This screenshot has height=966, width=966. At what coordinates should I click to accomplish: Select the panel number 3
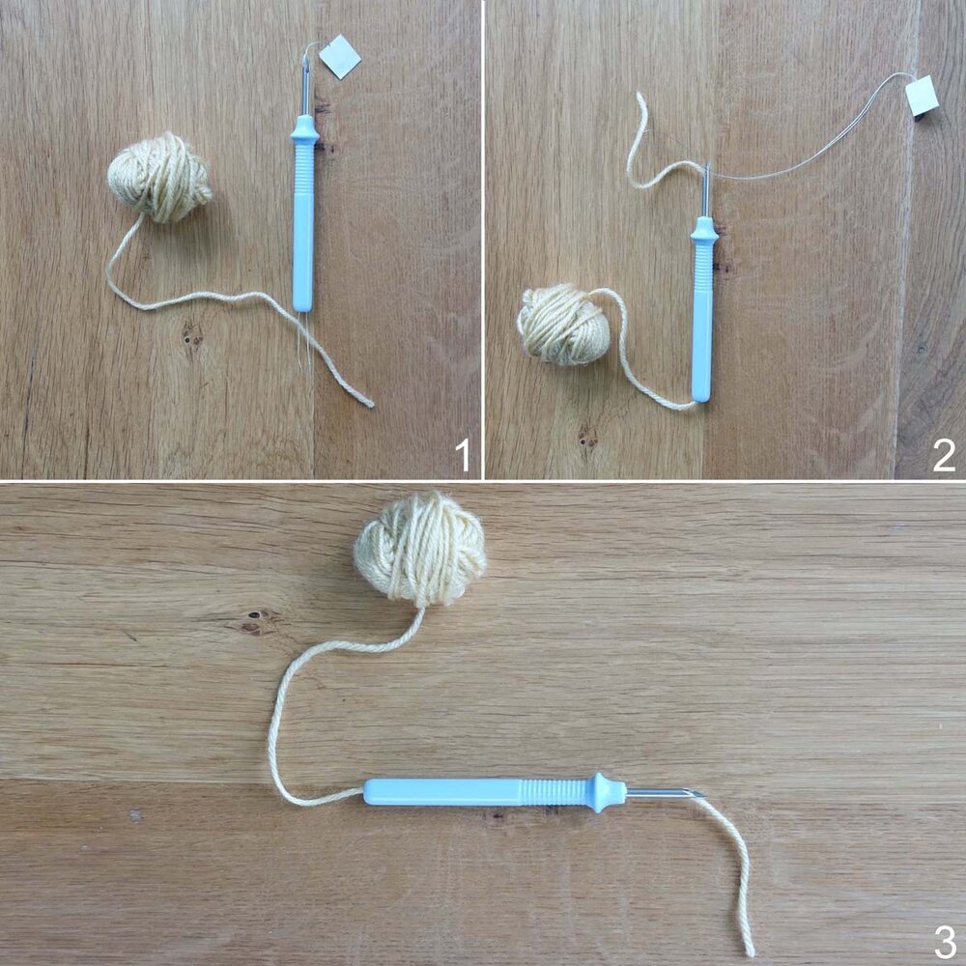click(x=944, y=938)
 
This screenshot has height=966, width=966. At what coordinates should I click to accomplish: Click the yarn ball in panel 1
click(x=159, y=178)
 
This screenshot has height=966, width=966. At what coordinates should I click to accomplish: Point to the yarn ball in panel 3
click(x=420, y=549)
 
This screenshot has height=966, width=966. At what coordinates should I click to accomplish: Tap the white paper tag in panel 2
click(x=923, y=96)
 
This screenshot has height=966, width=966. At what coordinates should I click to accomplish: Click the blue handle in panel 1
click(x=303, y=222)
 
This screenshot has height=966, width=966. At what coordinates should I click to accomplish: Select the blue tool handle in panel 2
click(x=702, y=319)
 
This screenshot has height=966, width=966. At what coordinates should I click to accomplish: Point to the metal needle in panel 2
click(x=707, y=189)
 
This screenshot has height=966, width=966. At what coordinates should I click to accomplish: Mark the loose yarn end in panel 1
click(x=369, y=403)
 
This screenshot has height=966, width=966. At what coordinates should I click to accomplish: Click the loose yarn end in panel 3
click(x=750, y=951)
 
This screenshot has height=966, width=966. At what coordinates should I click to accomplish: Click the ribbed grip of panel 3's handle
click(x=555, y=791)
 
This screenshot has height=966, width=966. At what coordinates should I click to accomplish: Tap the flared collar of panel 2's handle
click(x=703, y=229)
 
